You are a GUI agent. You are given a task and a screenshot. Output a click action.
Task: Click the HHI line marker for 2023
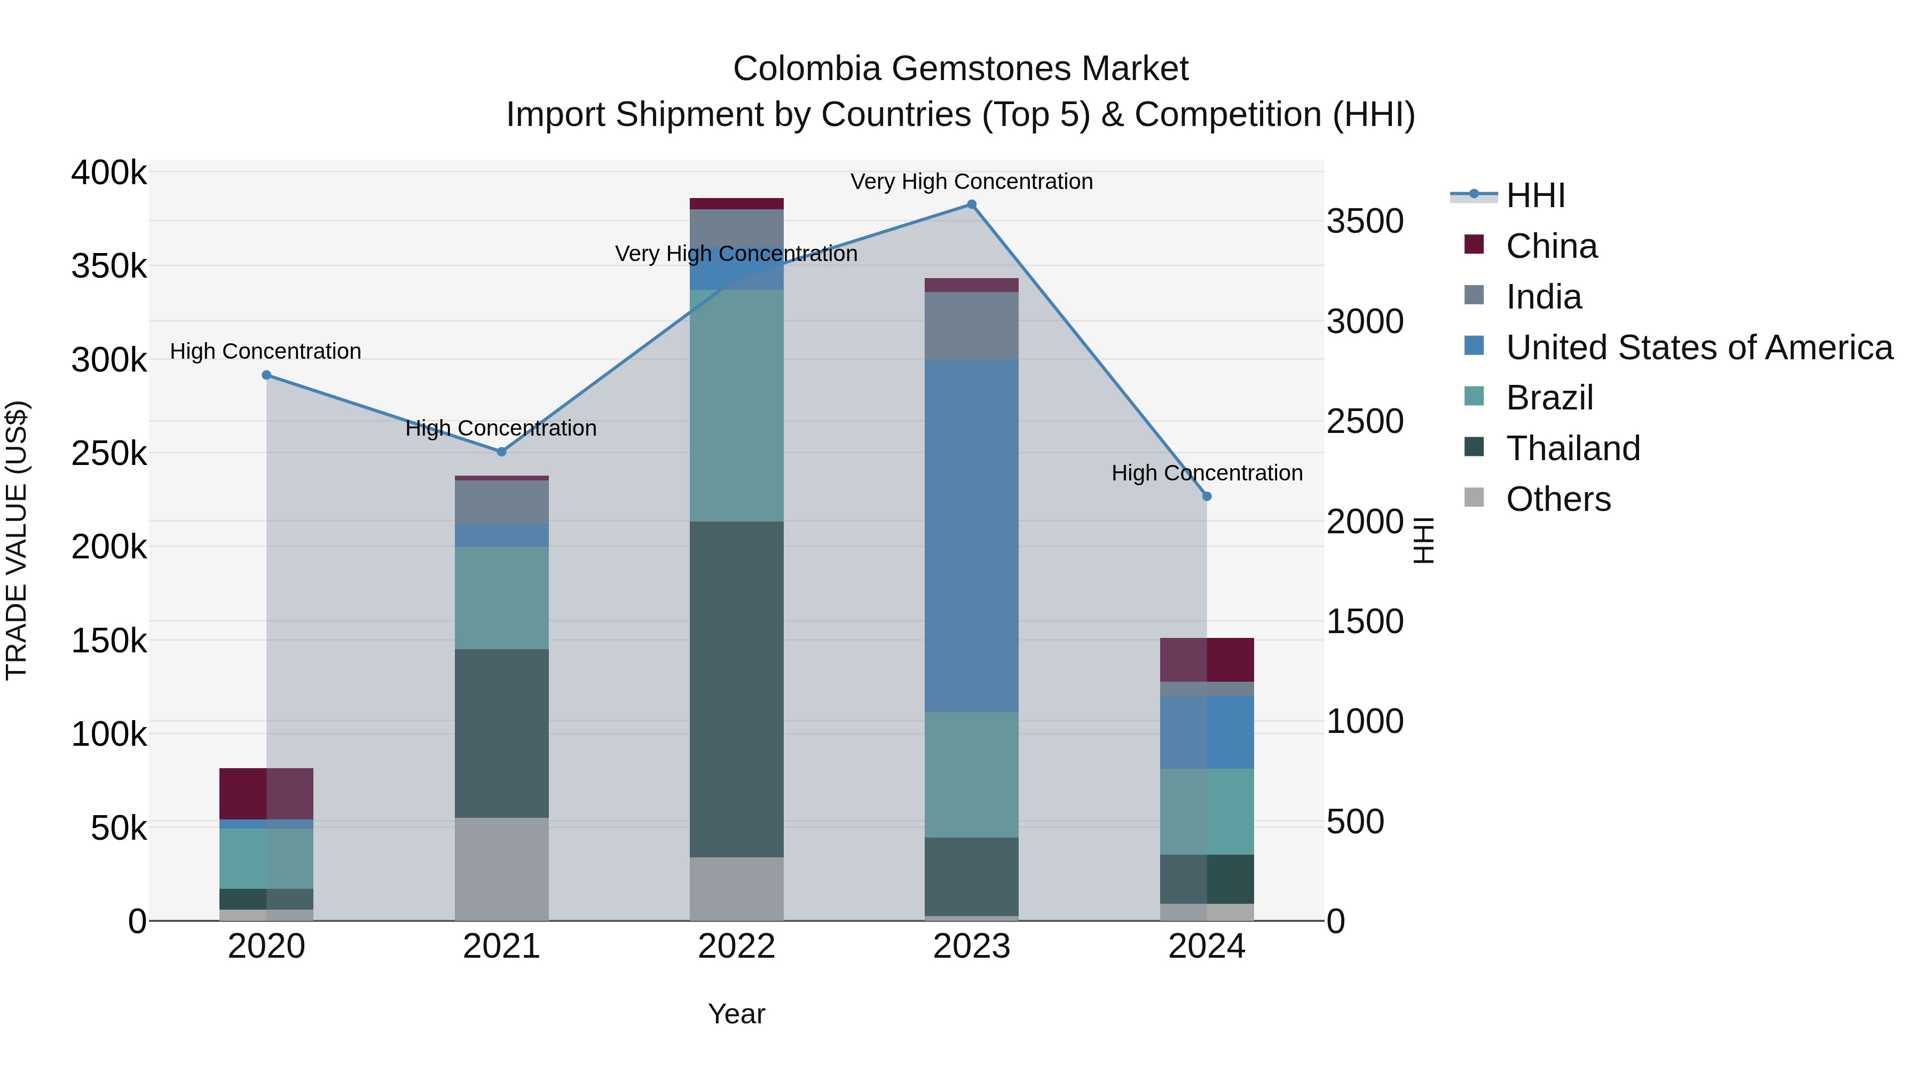972,204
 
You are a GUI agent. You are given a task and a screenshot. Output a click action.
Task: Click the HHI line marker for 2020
266,375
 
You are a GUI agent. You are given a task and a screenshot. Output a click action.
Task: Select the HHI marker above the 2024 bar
1207,496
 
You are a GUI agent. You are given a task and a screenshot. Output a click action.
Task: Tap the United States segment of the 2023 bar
972,535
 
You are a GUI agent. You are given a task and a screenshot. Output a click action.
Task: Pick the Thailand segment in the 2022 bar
736,689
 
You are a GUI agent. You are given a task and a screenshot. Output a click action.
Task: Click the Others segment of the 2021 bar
501,869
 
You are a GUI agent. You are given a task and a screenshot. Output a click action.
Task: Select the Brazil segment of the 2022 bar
736,405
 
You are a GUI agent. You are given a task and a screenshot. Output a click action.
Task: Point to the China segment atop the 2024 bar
1207,659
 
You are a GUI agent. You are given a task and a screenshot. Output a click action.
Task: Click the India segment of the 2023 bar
972,326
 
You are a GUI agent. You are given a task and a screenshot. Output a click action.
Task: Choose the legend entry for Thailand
1572,448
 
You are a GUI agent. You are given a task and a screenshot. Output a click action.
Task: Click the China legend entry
1551,246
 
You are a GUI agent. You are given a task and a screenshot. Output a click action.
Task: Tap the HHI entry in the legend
1535,195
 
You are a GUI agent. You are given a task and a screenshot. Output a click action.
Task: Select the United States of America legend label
1698,348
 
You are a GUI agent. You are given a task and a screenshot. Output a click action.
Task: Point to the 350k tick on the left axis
109,266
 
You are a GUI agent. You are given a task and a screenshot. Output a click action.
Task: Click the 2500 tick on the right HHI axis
1365,422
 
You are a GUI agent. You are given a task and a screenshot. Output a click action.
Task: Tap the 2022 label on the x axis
736,946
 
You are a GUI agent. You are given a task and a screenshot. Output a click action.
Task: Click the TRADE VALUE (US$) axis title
17,540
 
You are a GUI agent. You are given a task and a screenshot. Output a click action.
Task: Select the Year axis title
736,1014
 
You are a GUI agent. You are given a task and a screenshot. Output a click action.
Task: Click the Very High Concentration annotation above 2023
972,182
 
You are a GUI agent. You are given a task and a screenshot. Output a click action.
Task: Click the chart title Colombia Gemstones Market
960,69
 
